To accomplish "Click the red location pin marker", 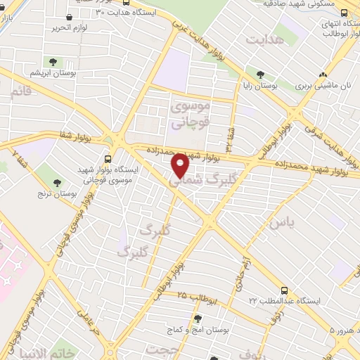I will (180, 166).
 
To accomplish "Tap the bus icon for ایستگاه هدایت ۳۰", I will (70, 18).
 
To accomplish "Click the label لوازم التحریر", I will (63, 29).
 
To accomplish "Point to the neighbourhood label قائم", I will (21, 91).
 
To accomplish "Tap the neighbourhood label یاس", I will (279, 222).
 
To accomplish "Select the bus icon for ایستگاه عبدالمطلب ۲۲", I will (283, 290).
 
